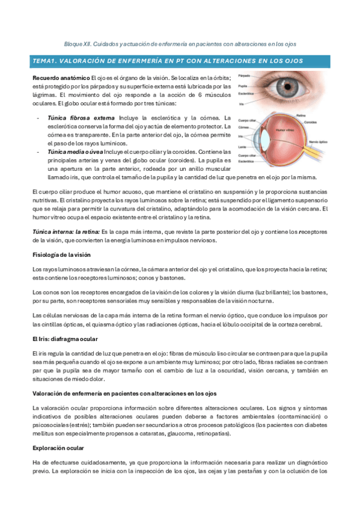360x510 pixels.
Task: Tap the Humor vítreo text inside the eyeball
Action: pyautogui.click(x=285, y=130)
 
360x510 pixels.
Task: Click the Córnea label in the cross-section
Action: pyautogui.click(x=243, y=127)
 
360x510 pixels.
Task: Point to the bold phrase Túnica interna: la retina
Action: pyautogui.click(x=66, y=232)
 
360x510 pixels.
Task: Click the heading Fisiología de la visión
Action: pyautogui.click(x=61, y=254)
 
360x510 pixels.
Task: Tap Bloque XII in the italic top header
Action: pyautogui.click(x=77, y=44)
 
